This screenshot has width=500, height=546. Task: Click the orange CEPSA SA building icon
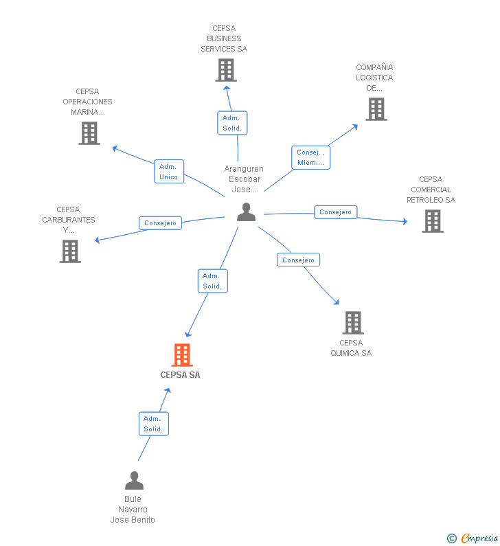181,355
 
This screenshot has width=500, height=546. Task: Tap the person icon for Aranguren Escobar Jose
246,212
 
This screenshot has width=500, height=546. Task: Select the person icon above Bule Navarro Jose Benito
134,480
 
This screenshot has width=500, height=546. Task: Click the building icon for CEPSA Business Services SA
225,70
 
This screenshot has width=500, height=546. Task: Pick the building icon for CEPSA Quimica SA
352,322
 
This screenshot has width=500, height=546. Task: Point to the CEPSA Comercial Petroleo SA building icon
432,221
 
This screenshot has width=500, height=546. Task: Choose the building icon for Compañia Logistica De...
376,109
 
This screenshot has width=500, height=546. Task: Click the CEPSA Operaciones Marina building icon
89,133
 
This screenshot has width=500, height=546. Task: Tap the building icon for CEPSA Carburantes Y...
69,251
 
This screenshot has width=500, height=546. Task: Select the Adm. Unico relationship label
168,172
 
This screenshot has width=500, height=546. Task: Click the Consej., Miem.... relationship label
310,157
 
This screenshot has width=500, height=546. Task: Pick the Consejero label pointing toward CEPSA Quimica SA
298,260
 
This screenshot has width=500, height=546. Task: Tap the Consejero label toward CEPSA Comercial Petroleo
336,212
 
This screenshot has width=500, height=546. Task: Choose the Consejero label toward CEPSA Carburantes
161,223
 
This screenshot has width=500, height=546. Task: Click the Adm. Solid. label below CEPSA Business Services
232,123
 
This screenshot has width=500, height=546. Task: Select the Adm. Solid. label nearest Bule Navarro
153,424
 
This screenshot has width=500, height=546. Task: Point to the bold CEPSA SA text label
180,375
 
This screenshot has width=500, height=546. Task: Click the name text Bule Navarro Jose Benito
133,510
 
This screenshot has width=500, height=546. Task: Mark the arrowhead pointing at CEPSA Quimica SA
336,302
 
